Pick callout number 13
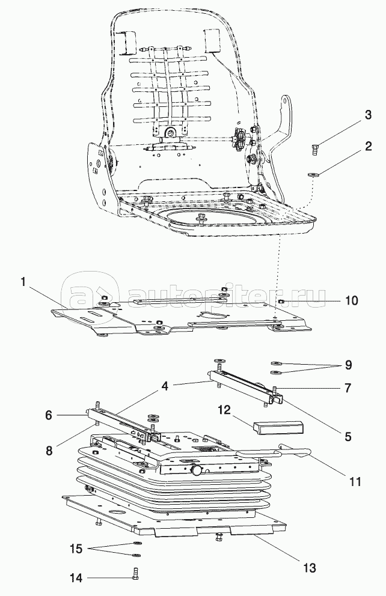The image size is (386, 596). point(308,567)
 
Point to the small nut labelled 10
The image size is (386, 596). point(281,300)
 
